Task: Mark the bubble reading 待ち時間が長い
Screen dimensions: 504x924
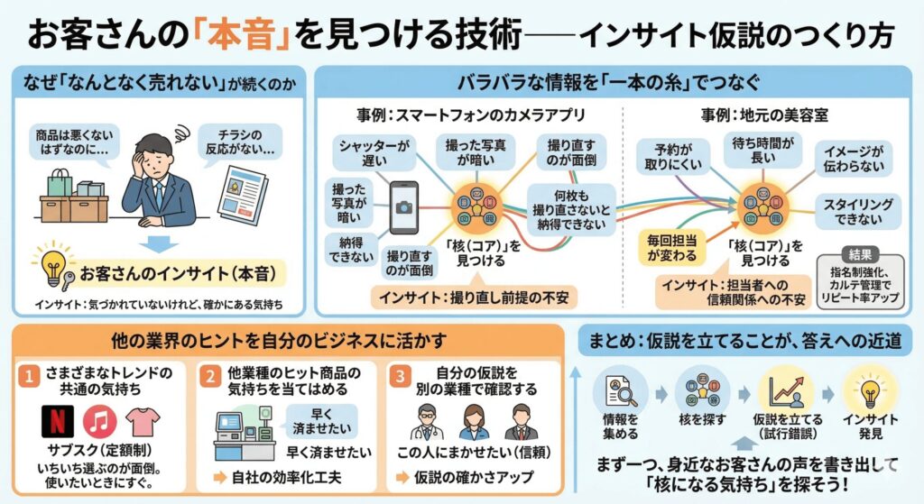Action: pyautogui.click(x=762, y=149)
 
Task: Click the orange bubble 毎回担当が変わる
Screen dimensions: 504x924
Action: pyautogui.click(x=671, y=247)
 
